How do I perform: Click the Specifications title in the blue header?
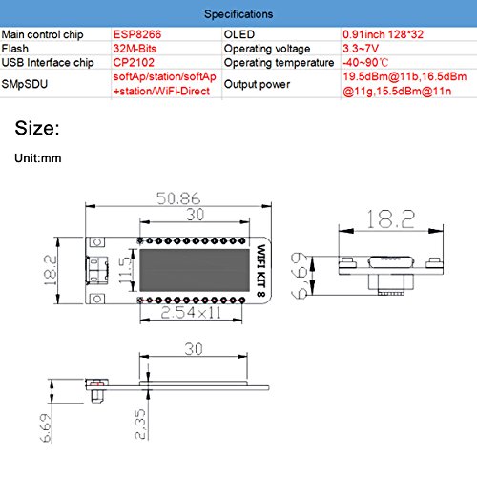pyautogui.click(x=238, y=14)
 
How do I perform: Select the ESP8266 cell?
pyautogui.click(x=137, y=34)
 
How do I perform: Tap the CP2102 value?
pyautogui.click(x=134, y=62)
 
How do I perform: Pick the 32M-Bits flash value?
pyautogui.click(x=135, y=49)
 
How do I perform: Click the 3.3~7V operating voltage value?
pyautogui.click(x=361, y=49)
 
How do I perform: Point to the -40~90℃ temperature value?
pyautogui.click(x=365, y=62)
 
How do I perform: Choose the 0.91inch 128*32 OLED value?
pyautogui.click(x=383, y=34)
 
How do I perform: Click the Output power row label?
pyautogui.click(x=257, y=84)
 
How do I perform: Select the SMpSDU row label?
pyautogui.click(x=25, y=84)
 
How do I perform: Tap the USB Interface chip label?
pyautogui.click(x=48, y=62)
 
